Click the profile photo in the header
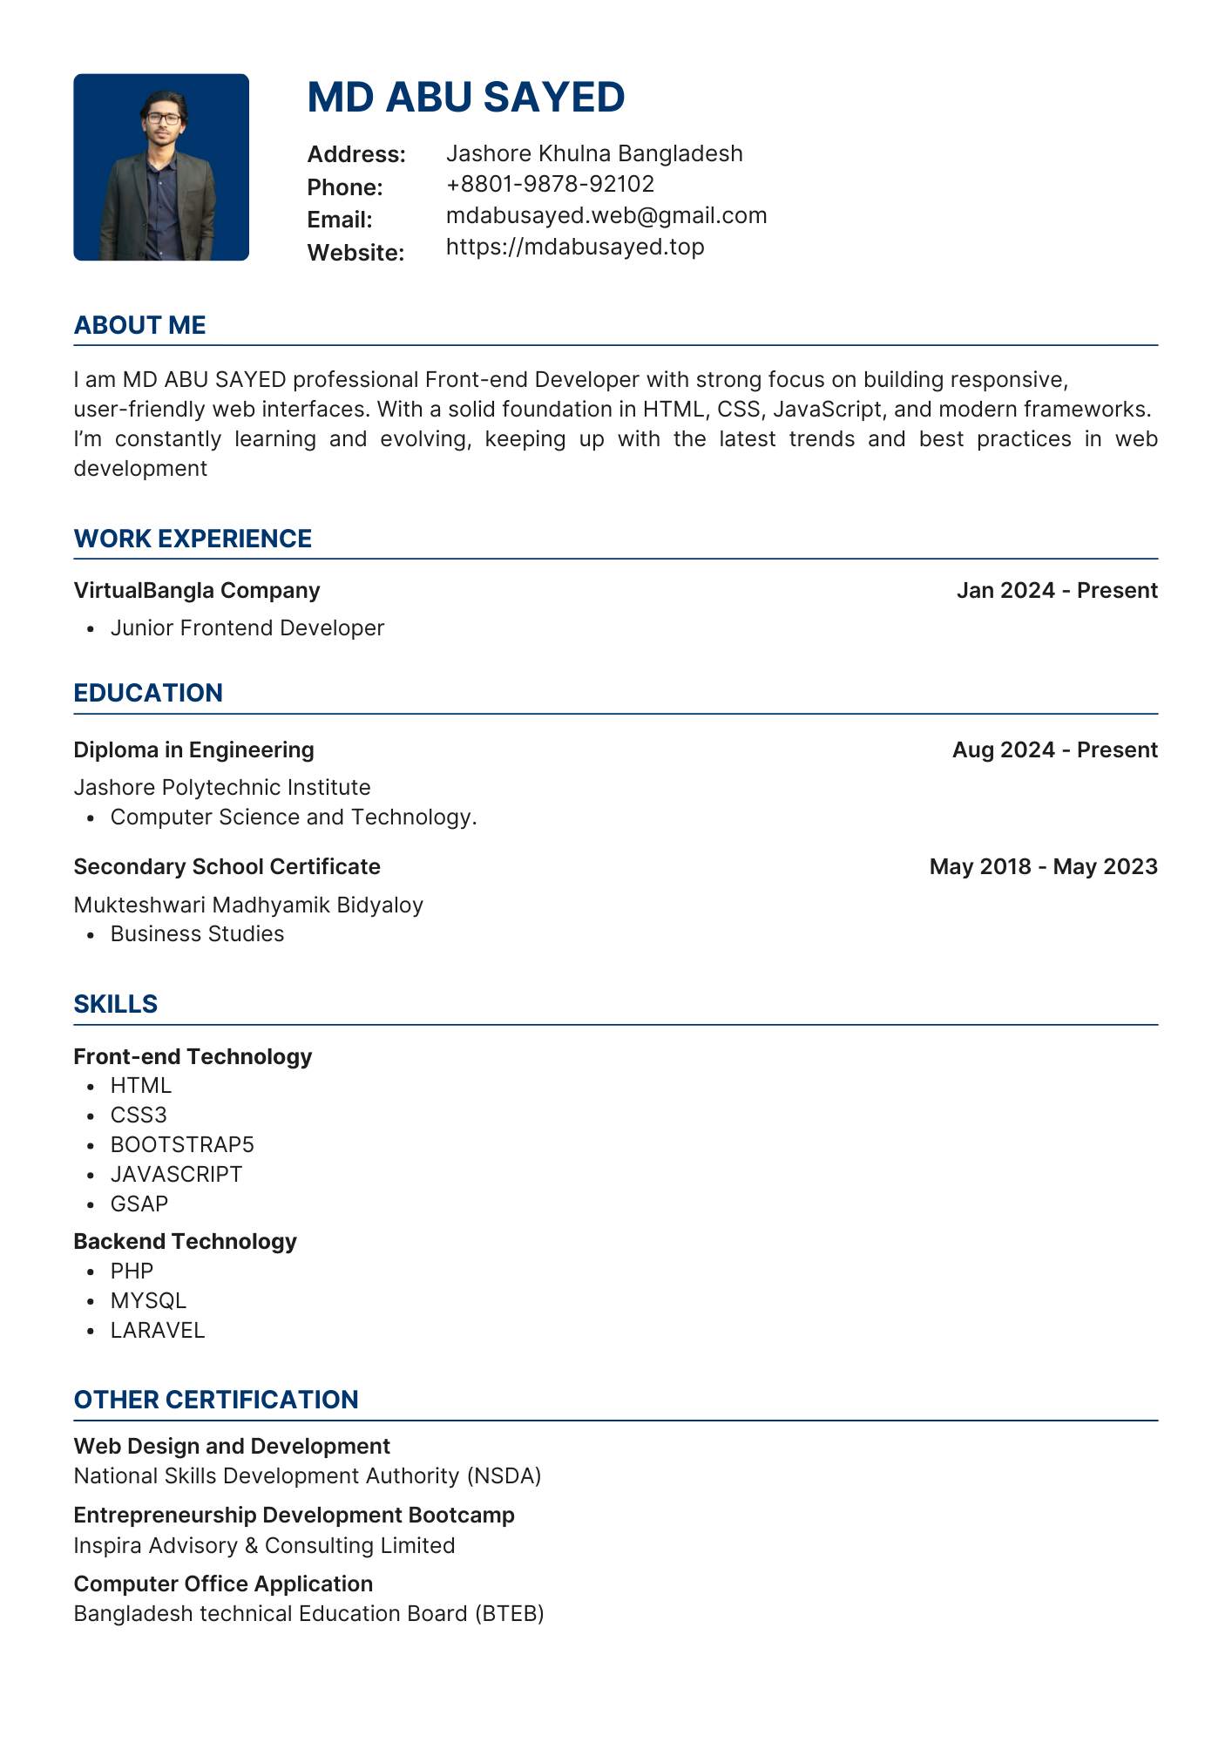(161, 167)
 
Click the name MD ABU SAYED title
(466, 97)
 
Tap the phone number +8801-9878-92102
(550, 184)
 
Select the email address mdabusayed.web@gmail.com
(606, 215)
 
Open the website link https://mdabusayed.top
(575, 247)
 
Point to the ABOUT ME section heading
(140, 325)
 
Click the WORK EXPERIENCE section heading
(193, 539)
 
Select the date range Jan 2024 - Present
(1057, 591)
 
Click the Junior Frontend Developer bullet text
(247, 628)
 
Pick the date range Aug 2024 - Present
(1054, 750)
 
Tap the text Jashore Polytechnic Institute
(222, 788)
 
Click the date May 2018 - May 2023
(1043, 867)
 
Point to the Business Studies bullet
(197, 934)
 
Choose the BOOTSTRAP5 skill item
(182, 1145)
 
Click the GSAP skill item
(139, 1204)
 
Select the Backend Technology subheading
(185, 1242)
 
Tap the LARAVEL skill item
(158, 1331)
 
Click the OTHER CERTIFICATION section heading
(216, 1400)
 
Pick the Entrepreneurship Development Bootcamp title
(294, 1516)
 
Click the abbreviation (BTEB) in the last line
(510, 1614)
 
